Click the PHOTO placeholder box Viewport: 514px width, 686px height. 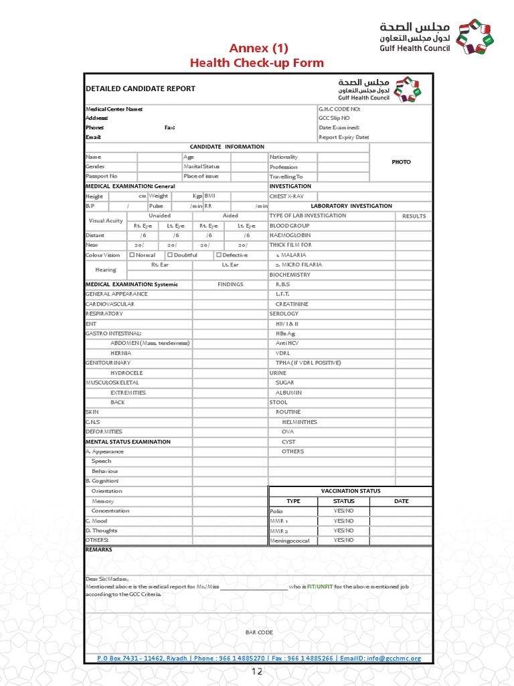(x=401, y=162)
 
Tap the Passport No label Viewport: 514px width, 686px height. (x=102, y=176)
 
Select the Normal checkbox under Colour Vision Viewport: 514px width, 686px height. (x=132, y=255)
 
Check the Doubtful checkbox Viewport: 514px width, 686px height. (x=170, y=255)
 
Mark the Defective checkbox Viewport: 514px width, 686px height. (x=218, y=255)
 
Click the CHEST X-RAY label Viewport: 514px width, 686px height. (x=286, y=196)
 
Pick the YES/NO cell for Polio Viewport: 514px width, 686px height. (x=344, y=510)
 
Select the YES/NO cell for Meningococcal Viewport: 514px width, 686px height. (x=344, y=540)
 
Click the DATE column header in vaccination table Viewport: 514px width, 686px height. (x=401, y=501)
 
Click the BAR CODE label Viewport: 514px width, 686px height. (x=259, y=632)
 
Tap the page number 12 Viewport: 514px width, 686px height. (x=258, y=672)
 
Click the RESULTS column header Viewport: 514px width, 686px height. (x=414, y=216)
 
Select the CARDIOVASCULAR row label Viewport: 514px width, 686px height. (x=110, y=304)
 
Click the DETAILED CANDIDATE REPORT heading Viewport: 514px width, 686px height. (x=141, y=88)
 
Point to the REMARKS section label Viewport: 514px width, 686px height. (x=99, y=549)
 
